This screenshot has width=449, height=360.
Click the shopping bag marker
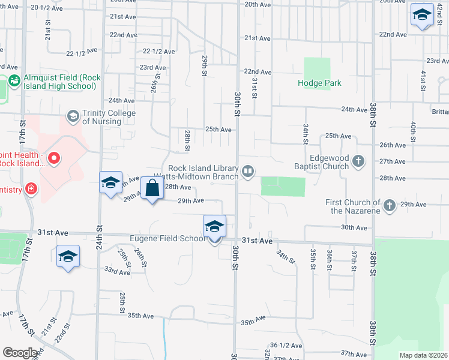click(x=153, y=188)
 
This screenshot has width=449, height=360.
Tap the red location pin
click(x=53, y=158)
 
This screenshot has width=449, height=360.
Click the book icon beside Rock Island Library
click(x=247, y=173)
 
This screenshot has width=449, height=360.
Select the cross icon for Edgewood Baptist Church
click(x=358, y=161)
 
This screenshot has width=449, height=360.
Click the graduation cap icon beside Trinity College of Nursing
click(x=73, y=115)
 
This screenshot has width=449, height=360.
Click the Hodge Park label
click(x=319, y=83)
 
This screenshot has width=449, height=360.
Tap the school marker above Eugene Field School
click(x=214, y=227)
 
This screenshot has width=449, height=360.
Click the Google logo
click(x=20, y=353)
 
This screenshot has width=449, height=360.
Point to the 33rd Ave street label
click(x=117, y=272)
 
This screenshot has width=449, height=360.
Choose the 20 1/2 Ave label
click(x=46, y=8)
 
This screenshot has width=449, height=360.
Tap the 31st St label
click(x=255, y=88)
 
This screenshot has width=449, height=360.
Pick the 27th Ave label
click(x=393, y=161)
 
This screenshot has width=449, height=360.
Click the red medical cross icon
click(x=31, y=190)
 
